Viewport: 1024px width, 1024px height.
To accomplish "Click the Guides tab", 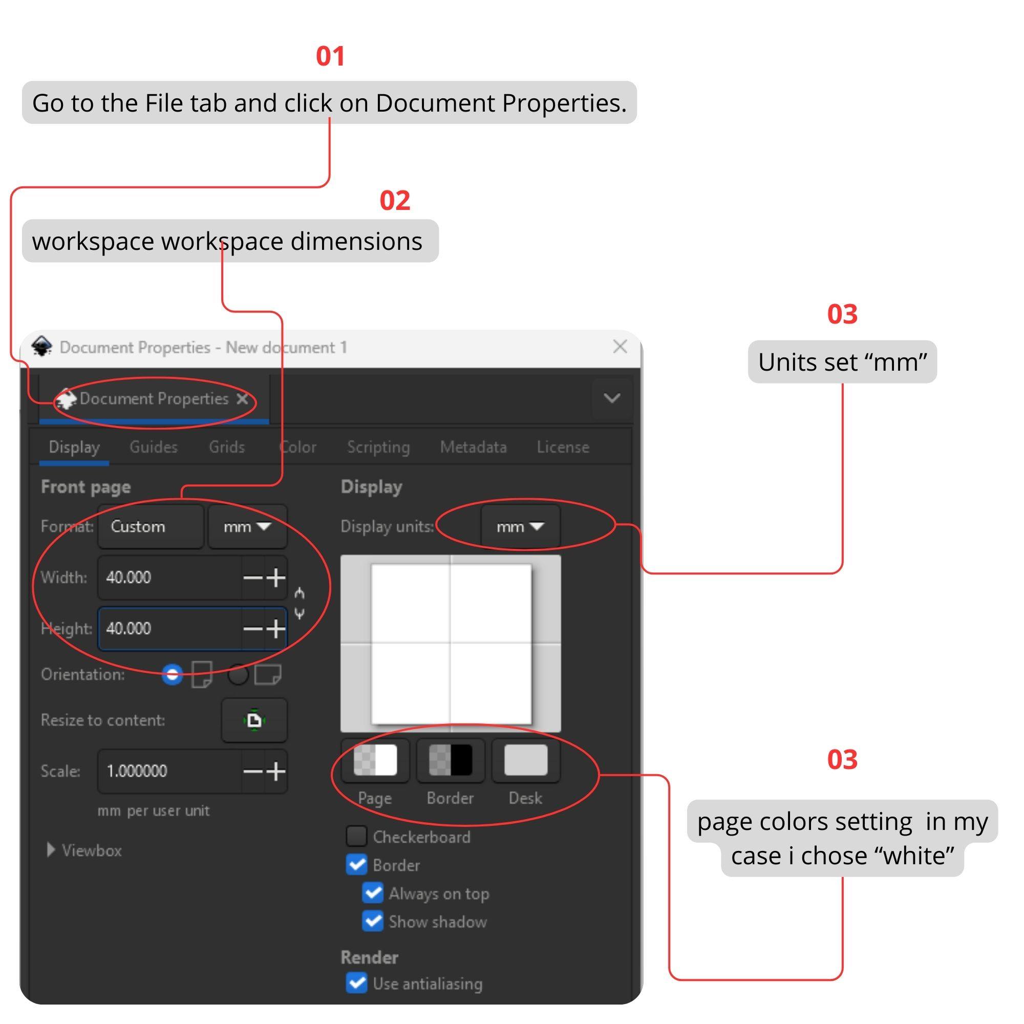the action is [153, 447].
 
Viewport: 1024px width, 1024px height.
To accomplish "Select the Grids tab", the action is [227, 447].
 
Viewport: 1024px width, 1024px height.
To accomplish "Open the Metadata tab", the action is [473, 447].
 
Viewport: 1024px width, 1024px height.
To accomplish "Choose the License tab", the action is [563, 447].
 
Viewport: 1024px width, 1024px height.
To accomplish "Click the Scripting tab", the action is [378, 447].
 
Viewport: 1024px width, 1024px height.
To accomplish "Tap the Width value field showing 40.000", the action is [169, 577].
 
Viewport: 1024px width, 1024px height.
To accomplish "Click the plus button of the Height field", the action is [275, 629].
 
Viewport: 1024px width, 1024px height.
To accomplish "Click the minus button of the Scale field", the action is [253, 771].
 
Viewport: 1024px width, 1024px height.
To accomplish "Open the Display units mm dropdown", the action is [521, 526].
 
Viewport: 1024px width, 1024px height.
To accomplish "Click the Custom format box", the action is [151, 526].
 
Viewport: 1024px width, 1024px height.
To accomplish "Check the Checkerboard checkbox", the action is [356, 837].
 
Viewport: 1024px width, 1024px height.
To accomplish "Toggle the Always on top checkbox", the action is [373, 893].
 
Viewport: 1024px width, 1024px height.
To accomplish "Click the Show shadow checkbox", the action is [373, 921].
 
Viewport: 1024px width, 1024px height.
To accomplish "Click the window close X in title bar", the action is [620, 347].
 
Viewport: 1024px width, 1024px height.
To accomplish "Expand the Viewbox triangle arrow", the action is [51, 850].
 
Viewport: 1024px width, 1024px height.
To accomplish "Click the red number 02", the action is [395, 200].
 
